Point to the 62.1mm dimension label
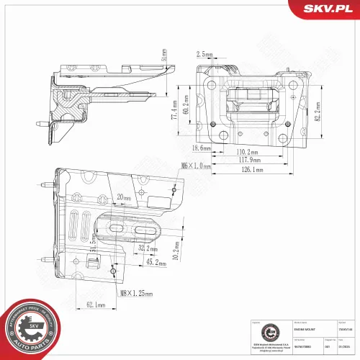point(95,305)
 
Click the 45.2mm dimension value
point(153,263)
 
